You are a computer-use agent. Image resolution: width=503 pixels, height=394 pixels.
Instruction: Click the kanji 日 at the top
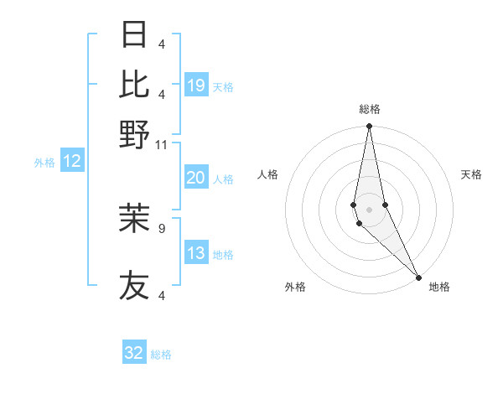[x=135, y=35]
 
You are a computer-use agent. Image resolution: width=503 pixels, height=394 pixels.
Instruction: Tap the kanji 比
[x=135, y=84]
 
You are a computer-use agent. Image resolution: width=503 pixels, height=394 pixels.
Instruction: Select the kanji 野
[x=135, y=134]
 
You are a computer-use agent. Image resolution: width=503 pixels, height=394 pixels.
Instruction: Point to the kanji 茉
[x=135, y=218]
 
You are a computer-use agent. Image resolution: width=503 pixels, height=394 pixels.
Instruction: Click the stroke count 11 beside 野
[x=162, y=144]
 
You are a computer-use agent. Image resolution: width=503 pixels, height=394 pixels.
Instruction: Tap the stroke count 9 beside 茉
[x=162, y=226]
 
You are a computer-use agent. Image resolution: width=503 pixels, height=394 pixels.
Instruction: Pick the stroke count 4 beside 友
[x=162, y=295]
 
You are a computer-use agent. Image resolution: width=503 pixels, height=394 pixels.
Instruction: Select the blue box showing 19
[x=196, y=85]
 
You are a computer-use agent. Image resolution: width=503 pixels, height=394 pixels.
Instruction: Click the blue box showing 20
[x=196, y=178]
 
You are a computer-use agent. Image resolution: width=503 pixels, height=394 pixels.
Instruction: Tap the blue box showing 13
[x=196, y=253]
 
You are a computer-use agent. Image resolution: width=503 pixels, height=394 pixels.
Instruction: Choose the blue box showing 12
[x=72, y=162]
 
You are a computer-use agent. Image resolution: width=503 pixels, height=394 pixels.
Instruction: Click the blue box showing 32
[x=134, y=353]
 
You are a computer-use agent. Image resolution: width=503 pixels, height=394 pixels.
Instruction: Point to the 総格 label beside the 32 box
[x=161, y=355]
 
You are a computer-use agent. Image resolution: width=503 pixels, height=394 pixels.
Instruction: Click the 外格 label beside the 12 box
[x=44, y=163]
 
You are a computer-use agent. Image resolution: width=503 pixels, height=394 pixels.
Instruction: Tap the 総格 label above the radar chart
[x=369, y=109]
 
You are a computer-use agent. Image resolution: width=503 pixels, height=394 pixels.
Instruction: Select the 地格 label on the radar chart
[x=439, y=287]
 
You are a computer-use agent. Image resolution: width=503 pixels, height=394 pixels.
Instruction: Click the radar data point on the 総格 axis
[x=369, y=127]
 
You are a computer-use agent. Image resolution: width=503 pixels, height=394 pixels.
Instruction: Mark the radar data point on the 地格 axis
[x=418, y=276]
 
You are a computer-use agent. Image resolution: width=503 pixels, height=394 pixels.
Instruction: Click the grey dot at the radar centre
[x=369, y=209]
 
